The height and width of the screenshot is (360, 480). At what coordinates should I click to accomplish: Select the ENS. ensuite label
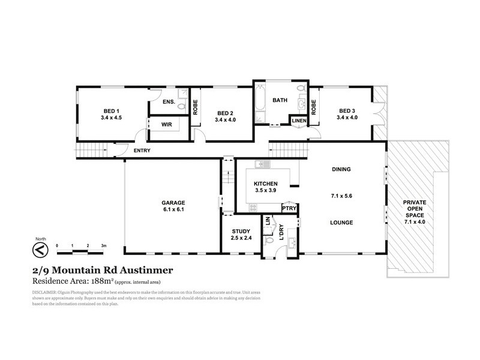[x=169, y=102]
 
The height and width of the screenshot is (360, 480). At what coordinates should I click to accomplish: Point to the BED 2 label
[x=225, y=113]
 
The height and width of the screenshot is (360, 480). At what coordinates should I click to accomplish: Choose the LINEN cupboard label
[x=299, y=121]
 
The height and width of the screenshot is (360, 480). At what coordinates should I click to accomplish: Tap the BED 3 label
[x=347, y=111]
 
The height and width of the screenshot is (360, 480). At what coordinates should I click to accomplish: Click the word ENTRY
[x=142, y=151]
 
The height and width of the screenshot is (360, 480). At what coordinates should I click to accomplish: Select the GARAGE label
[x=173, y=202]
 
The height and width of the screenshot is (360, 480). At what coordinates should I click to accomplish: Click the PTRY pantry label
[x=290, y=209]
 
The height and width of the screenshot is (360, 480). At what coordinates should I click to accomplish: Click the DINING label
[x=340, y=169]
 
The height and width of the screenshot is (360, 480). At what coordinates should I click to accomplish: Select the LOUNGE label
[x=340, y=223]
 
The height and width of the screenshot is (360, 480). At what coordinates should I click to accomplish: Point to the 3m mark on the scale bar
[x=104, y=246]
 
